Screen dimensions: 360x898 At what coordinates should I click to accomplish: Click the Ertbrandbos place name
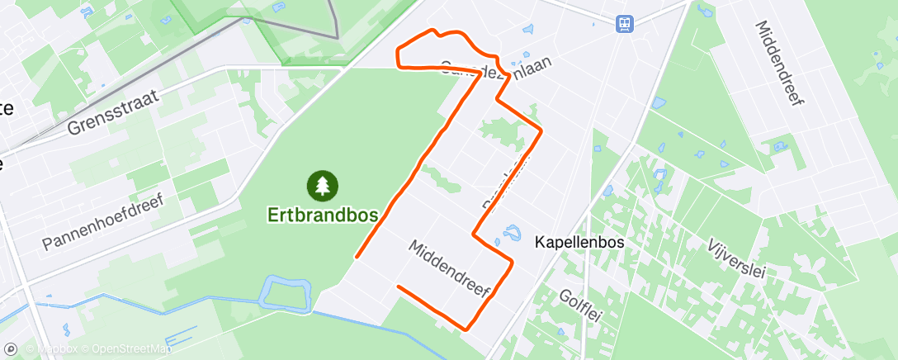323,215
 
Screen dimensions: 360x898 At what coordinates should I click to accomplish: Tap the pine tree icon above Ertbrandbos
323,186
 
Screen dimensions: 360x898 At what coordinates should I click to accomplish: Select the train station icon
624,24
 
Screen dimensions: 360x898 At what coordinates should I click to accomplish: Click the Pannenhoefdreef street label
103,222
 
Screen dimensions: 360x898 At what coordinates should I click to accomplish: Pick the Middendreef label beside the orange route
450,269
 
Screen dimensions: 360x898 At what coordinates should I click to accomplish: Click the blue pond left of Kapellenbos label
512,233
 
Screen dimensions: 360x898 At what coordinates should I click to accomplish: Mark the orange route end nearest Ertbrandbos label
357,257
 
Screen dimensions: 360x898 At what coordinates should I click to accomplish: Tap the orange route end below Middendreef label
399,287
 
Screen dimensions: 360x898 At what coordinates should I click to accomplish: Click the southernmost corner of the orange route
467,329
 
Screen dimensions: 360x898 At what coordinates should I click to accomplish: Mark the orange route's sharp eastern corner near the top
541,130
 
